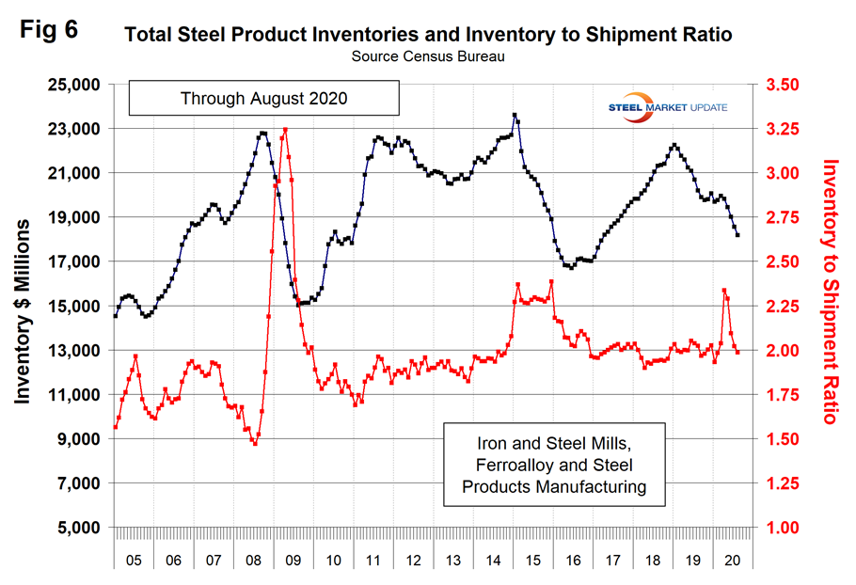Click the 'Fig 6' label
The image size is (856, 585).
51,28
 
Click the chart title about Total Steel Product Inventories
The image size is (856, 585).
428,36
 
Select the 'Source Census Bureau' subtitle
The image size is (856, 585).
428,56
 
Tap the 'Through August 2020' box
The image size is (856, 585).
264,98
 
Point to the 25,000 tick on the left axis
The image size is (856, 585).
73,85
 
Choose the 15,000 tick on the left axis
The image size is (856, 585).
73,307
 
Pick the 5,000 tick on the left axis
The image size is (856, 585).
77,528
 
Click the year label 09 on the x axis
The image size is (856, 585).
293,560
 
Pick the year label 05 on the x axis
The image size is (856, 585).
134,560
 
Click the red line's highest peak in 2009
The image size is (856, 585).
284,130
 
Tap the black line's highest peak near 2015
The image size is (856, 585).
515,116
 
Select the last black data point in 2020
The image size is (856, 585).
737,235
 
